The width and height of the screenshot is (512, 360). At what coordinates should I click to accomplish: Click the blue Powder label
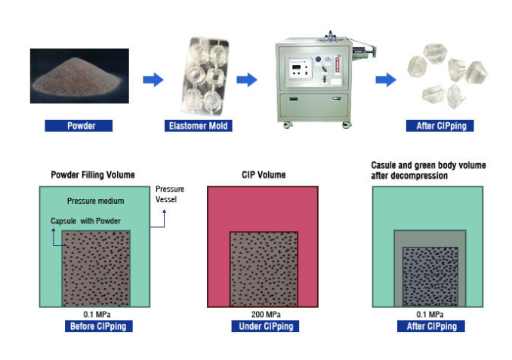79,126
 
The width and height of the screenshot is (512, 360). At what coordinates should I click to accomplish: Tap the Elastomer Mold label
198,126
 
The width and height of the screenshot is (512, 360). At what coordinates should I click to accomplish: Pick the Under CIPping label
264,327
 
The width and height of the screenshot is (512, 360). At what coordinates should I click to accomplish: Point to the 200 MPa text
264,314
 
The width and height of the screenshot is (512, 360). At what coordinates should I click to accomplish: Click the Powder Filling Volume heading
93,175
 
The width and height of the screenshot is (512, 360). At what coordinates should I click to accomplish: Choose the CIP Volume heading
264,175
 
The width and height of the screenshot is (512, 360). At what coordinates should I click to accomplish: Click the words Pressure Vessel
170,194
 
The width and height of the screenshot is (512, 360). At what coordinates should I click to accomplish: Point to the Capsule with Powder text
85,220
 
